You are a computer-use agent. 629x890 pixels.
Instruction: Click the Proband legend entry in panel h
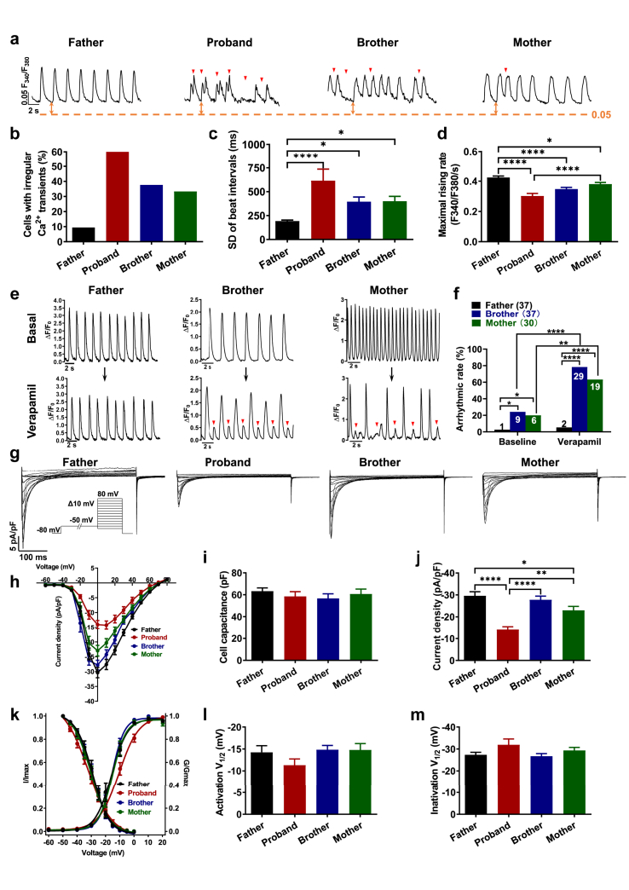(x=147, y=637)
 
